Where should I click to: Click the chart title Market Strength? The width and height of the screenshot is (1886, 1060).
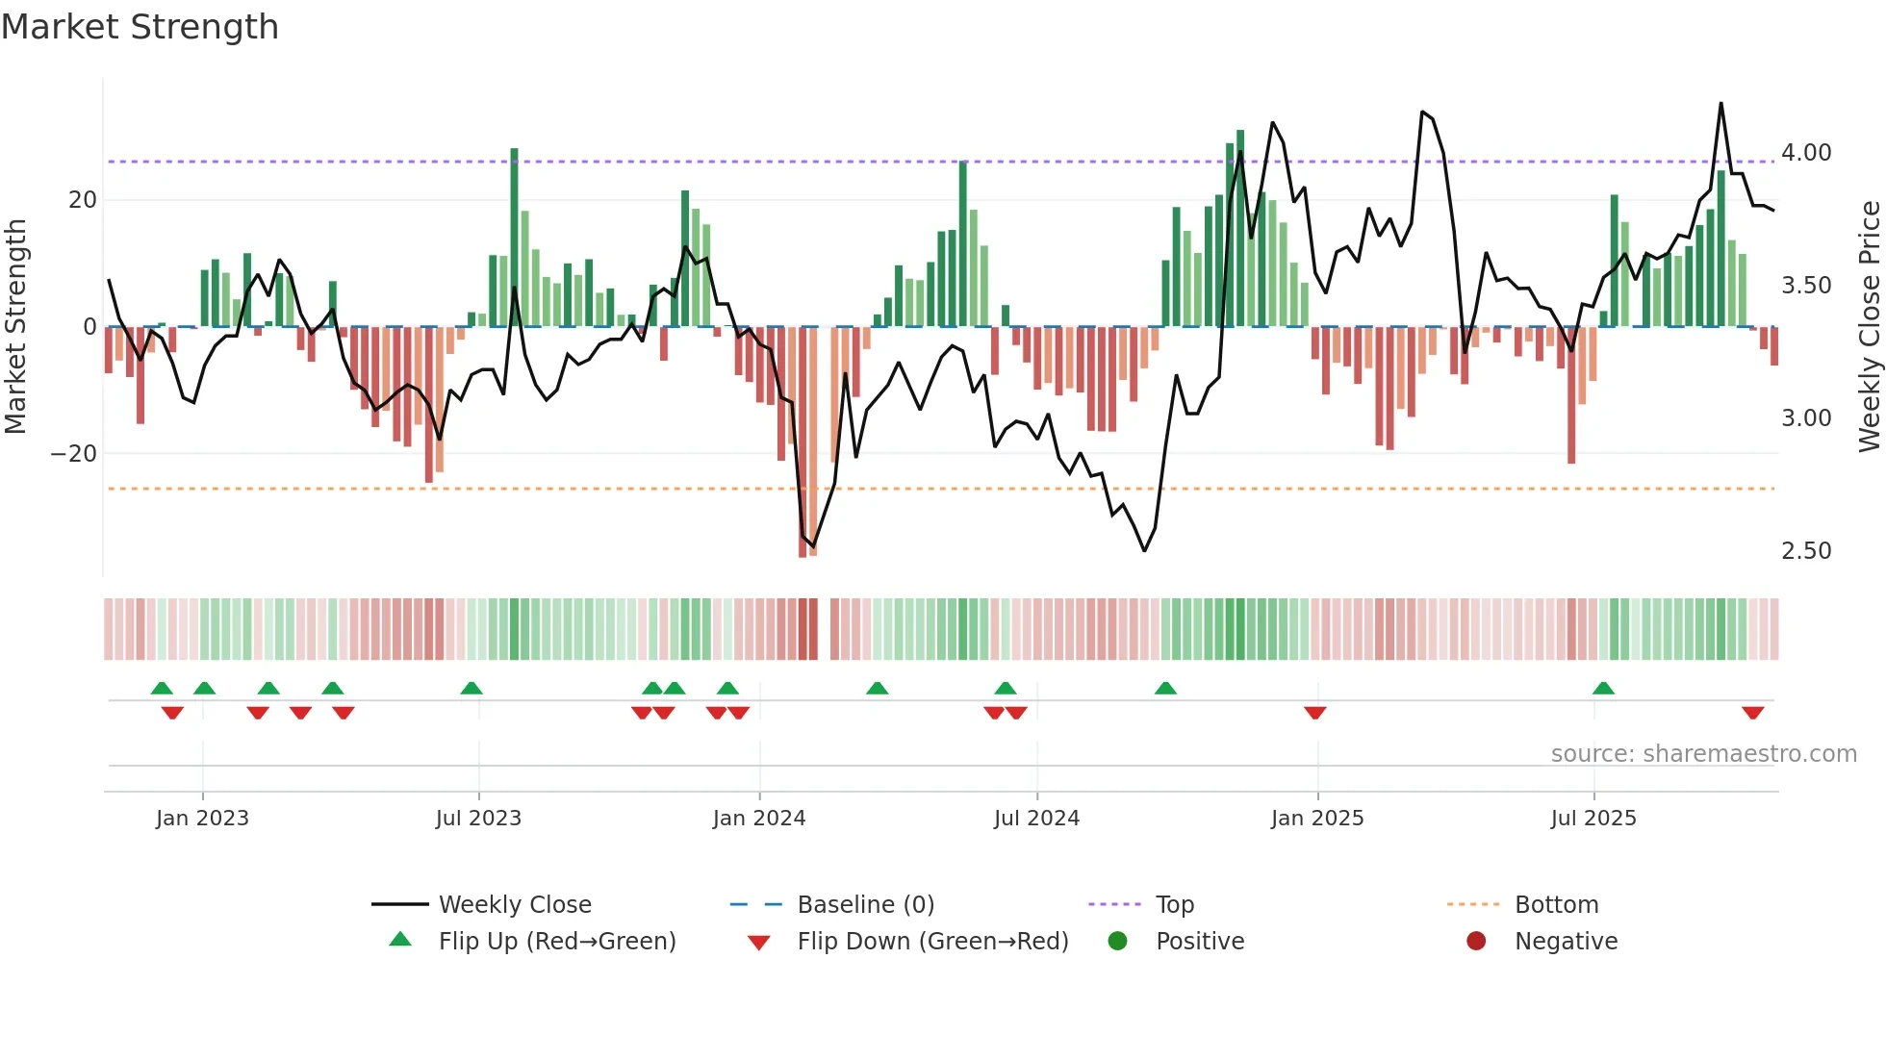(x=140, y=27)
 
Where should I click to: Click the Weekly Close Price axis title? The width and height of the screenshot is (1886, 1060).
(x=1869, y=326)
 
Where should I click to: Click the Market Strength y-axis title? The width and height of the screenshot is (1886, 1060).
(x=15, y=326)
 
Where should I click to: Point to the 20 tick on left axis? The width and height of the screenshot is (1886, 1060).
(x=83, y=200)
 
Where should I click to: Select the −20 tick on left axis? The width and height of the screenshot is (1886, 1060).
(x=74, y=454)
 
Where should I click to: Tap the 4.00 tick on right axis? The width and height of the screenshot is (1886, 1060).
(x=1805, y=153)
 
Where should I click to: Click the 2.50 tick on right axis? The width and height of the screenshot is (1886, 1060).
(x=1805, y=551)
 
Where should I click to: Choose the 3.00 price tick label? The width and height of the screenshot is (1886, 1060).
(x=1805, y=418)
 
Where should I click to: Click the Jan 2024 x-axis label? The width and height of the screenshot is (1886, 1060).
(x=758, y=819)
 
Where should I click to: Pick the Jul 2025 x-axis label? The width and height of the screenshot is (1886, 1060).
(x=1593, y=819)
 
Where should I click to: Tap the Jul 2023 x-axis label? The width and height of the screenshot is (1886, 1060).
(x=477, y=819)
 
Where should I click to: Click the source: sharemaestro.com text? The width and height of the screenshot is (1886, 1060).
(x=1703, y=754)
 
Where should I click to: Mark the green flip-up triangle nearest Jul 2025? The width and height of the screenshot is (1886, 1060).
(x=1603, y=689)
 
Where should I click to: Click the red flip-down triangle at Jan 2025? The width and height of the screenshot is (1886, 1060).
(x=1315, y=713)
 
